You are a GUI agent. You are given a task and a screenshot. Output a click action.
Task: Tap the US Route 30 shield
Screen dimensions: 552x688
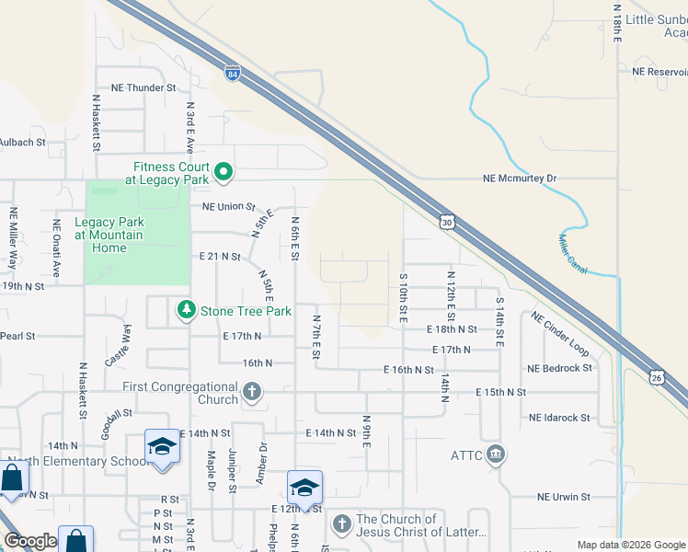click(x=447, y=222)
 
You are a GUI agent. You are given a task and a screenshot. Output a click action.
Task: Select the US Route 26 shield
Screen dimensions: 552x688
click(x=656, y=377)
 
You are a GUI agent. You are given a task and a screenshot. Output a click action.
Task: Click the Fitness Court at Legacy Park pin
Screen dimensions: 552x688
click(x=223, y=172)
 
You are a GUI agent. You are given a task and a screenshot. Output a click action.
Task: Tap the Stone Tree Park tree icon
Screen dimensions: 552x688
click(x=187, y=311)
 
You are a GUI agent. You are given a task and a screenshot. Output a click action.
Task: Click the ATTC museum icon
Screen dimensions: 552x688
click(x=496, y=454)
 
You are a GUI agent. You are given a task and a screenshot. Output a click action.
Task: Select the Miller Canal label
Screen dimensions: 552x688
click(x=573, y=253)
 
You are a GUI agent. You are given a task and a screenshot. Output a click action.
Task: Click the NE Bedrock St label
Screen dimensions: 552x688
click(x=559, y=368)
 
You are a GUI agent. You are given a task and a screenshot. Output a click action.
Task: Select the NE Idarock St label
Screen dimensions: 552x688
click(x=559, y=418)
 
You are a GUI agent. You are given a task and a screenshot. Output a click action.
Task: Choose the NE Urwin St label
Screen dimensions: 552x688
click(x=564, y=497)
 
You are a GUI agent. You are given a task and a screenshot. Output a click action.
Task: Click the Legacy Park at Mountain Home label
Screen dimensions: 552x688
click(x=109, y=235)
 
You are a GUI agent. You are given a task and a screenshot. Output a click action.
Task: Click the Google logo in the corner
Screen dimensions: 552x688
click(x=30, y=541)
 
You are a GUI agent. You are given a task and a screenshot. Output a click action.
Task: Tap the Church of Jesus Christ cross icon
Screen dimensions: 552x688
click(x=341, y=524)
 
